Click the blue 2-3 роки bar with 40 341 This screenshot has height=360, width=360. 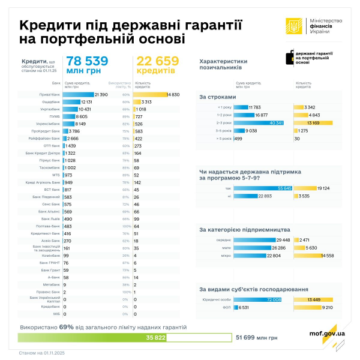(259, 122)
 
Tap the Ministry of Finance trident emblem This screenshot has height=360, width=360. (293, 26)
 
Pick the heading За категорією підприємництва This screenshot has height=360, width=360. (245, 230)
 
